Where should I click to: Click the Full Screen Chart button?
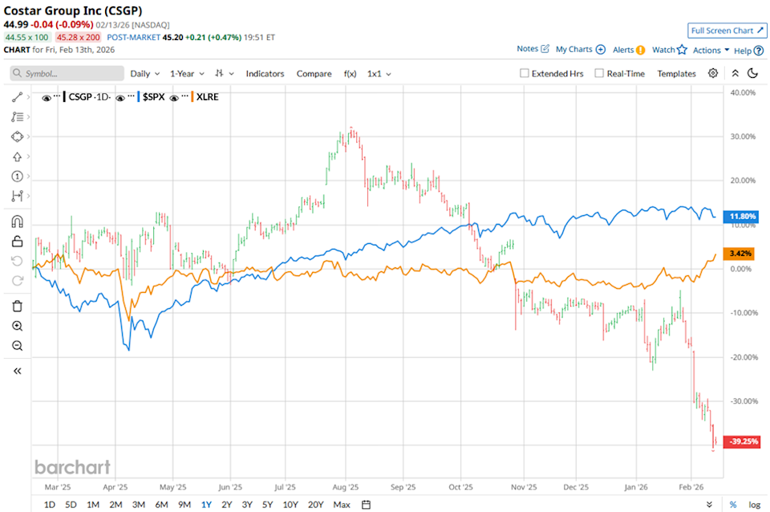point(725,30)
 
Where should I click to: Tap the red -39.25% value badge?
point(742,442)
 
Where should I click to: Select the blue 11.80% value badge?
point(742,216)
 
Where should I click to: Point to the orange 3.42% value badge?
point(741,254)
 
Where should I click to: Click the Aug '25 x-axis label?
point(346,486)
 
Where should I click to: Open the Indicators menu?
point(265,73)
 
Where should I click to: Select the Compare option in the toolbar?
point(314,73)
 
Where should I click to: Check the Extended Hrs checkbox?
point(525,73)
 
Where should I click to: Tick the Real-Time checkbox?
point(599,73)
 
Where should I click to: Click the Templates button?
point(676,73)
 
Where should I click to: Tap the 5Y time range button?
point(267,505)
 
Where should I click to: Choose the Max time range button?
point(342,505)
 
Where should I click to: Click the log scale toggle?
point(754,505)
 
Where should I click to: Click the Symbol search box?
point(67,73)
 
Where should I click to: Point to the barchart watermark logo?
point(72,467)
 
